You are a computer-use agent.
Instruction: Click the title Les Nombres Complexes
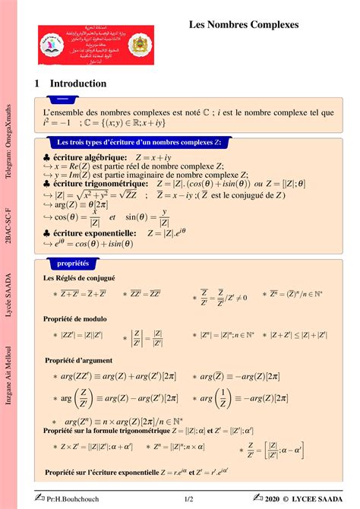coord(243,26)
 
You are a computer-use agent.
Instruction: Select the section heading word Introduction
coord(78,84)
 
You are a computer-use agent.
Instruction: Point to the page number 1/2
coord(190,499)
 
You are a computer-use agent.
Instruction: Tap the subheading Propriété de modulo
coord(75,319)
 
